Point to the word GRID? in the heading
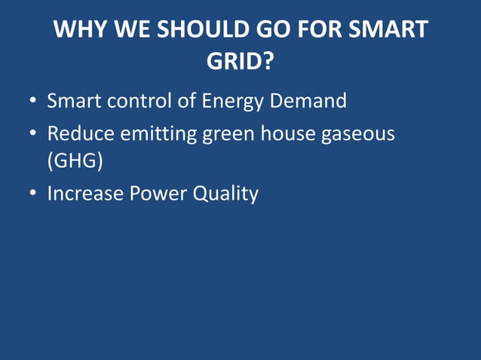tap(240, 63)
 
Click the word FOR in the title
tap(323, 30)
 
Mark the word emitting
tap(159, 134)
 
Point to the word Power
tap(159, 194)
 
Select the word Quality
tap(225, 194)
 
